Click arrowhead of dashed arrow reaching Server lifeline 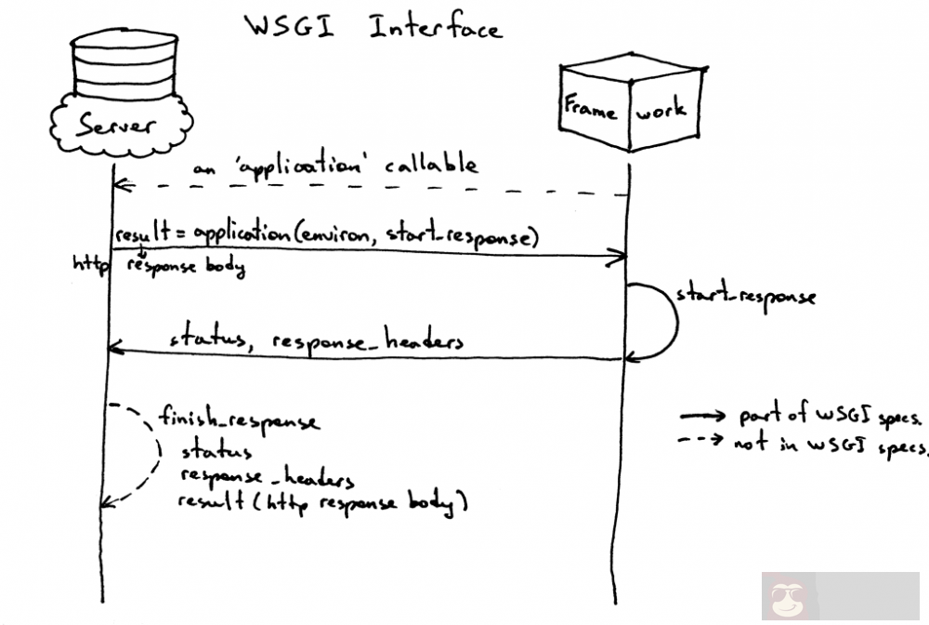119,186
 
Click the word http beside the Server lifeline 91,264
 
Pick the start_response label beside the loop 746,297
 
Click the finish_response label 239,419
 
